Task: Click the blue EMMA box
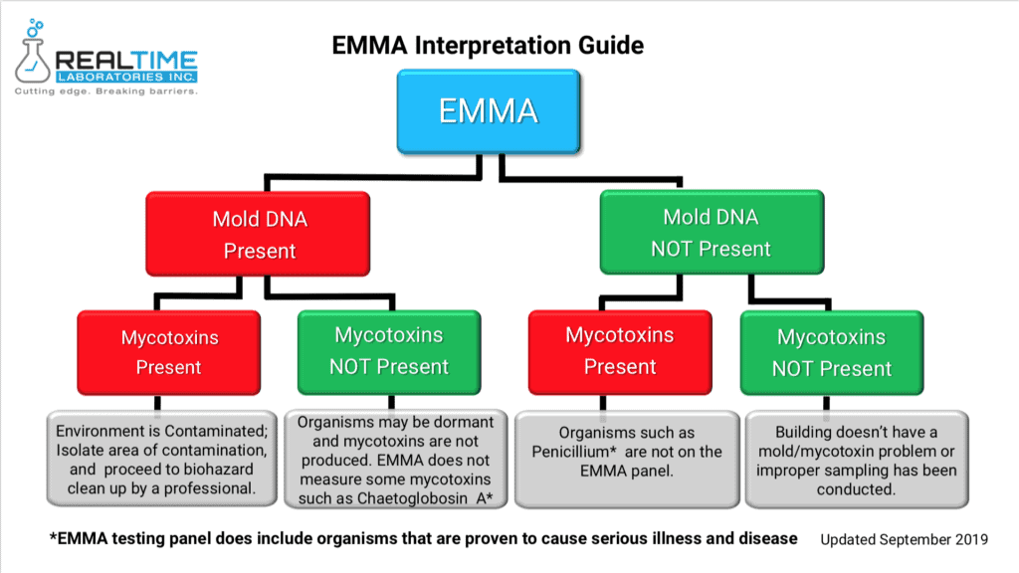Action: (x=489, y=111)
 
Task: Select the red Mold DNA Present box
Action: (x=258, y=234)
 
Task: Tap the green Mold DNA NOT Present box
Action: (x=712, y=232)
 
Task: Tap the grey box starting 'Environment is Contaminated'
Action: (x=161, y=459)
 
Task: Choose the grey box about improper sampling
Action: (x=857, y=460)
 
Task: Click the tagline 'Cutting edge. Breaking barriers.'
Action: (x=105, y=91)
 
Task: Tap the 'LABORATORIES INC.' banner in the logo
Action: (x=126, y=77)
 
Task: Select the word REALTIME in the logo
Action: (x=126, y=61)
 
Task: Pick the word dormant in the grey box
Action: (x=467, y=422)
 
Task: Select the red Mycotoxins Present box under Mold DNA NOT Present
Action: (x=620, y=352)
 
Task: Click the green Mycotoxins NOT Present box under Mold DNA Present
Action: (x=389, y=352)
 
